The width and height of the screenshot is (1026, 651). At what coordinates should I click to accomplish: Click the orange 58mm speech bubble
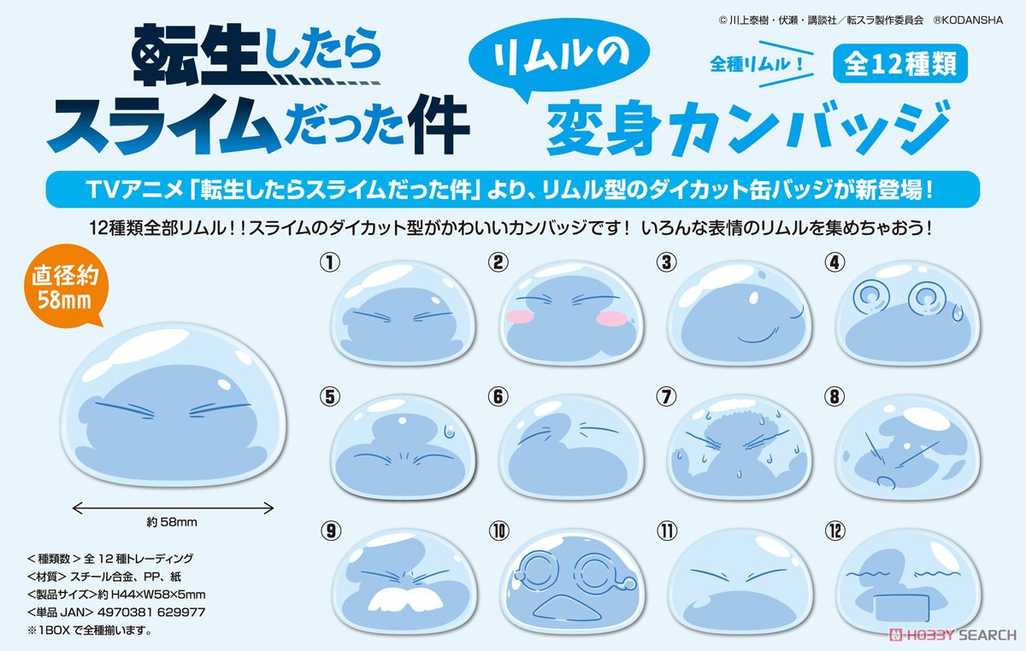tap(66, 285)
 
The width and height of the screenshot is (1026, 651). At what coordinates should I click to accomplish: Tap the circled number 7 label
tap(666, 396)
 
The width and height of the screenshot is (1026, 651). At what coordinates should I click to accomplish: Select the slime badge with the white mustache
tap(404, 582)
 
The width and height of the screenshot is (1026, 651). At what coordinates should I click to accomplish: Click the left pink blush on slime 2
tap(521, 316)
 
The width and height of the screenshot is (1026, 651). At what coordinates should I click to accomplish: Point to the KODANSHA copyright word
tap(973, 21)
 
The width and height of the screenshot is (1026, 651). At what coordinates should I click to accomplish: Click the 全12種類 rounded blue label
tap(900, 63)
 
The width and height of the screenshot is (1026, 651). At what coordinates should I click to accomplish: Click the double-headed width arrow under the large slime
tap(173, 507)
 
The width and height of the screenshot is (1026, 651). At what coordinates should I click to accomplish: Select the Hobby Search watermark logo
tap(952, 635)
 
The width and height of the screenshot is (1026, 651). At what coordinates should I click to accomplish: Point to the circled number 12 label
tap(834, 531)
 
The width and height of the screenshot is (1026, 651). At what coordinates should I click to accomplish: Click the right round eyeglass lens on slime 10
tap(595, 572)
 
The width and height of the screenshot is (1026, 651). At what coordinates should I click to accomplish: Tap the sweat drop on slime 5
tap(450, 431)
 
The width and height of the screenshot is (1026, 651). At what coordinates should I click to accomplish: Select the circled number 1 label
tap(330, 263)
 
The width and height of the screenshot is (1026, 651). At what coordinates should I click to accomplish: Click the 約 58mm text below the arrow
tap(172, 522)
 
